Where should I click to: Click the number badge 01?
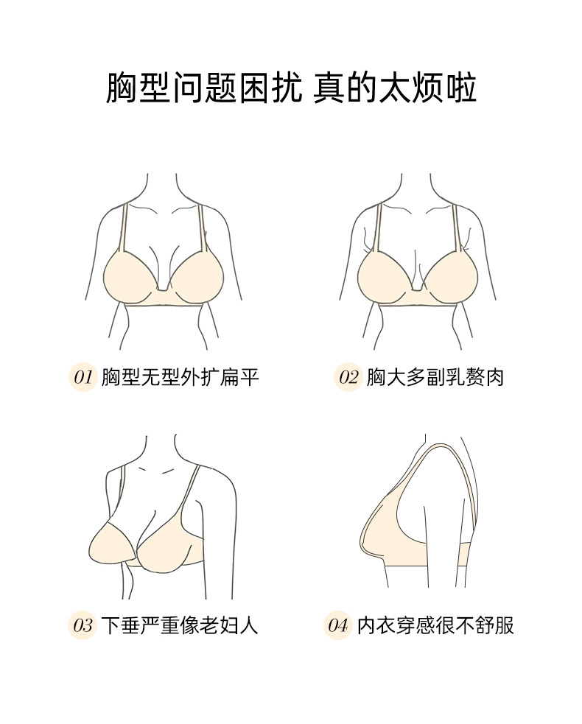(83, 378)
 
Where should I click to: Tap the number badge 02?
(348, 378)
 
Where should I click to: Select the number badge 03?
(83, 626)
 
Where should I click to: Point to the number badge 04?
(337, 626)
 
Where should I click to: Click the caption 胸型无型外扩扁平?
(180, 378)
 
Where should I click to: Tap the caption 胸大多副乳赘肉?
(435, 378)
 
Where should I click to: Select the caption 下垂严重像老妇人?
(180, 626)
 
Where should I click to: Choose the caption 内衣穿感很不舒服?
(435, 626)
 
